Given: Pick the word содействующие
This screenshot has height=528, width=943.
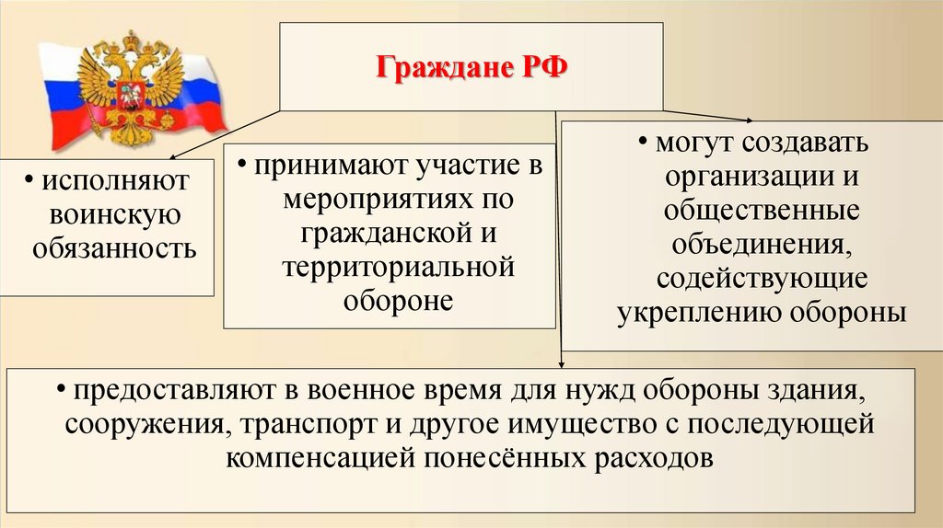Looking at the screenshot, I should point(761,278).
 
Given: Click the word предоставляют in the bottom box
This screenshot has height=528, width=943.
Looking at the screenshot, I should point(175,392).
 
